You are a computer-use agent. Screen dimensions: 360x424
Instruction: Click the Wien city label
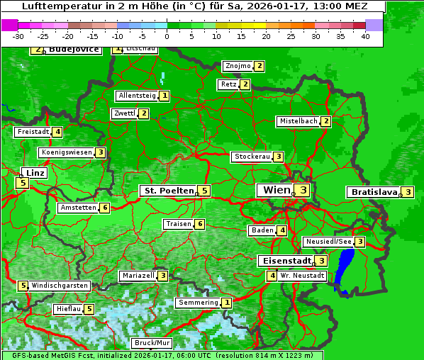[x=277, y=190]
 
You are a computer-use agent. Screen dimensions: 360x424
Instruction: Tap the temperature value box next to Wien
[x=303, y=190]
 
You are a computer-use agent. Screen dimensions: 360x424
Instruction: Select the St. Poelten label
[x=168, y=191]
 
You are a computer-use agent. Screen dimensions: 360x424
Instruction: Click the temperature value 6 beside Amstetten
[x=104, y=208]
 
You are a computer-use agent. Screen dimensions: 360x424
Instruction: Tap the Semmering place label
[x=199, y=303]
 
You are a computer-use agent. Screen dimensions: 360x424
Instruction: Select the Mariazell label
[x=138, y=276]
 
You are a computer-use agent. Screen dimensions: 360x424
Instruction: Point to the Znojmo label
[x=238, y=66]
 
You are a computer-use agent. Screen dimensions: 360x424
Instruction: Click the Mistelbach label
[x=298, y=121]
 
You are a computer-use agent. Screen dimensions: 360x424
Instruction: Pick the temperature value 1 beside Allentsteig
[x=164, y=96]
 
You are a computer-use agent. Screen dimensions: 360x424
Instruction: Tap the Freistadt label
[x=33, y=132]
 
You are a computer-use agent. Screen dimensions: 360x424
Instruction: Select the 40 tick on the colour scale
[x=365, y=36]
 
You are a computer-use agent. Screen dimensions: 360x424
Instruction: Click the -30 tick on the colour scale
[x=19, y=36]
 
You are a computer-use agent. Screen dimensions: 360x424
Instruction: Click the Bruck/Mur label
[x=152, y=343]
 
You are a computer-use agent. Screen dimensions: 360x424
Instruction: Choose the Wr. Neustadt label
[x=303, y=276]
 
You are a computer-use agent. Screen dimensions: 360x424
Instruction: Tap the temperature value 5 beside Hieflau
[x=89, y=309]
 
